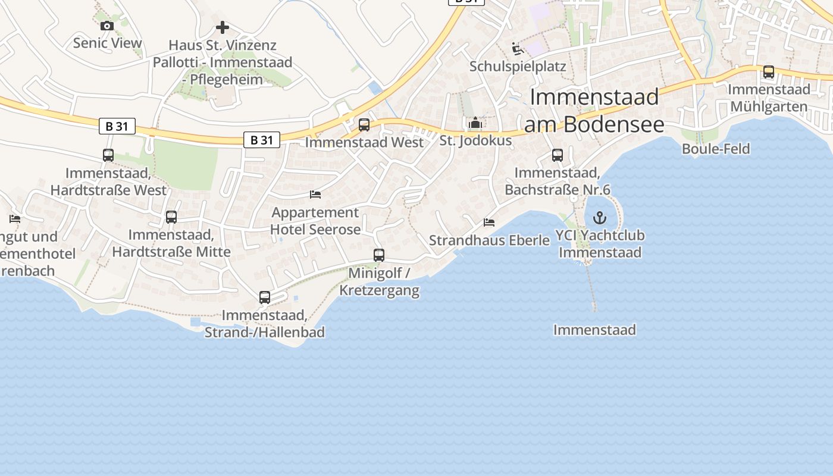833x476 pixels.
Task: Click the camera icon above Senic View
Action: (x=107, y=26)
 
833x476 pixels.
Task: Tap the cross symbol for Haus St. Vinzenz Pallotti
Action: (x=223, y=27)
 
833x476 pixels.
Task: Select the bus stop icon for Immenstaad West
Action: (x=364, y=125)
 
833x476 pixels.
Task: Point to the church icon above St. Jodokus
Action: (x=475, y=124)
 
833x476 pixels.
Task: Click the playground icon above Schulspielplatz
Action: (x=518, y=48)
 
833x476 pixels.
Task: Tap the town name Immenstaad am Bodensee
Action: (x=594, y=111)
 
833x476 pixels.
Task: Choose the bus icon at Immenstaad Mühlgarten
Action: (x=769, y=72)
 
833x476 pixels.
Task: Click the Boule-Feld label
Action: (x=716, y=149)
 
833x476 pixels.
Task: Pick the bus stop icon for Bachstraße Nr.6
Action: (x=558, y=155)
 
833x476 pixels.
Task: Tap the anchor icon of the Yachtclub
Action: (x=600, y=217)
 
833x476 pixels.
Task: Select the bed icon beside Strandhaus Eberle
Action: (x=489, y=223)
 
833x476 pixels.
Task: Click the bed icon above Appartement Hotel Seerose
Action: (x=315, y=195)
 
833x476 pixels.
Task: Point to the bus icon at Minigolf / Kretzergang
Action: (x=379, y=255)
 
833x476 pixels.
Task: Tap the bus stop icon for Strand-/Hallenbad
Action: (x=265, y=297)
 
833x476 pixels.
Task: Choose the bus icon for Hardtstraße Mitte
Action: (x=171, y=217)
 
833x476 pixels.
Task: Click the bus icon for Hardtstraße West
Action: (x=108, y=155)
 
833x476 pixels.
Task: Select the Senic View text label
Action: (x=108, y=43)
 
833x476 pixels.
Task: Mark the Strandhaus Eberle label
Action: (x=489, y=240)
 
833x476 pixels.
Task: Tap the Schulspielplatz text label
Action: (x=518, y=66)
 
